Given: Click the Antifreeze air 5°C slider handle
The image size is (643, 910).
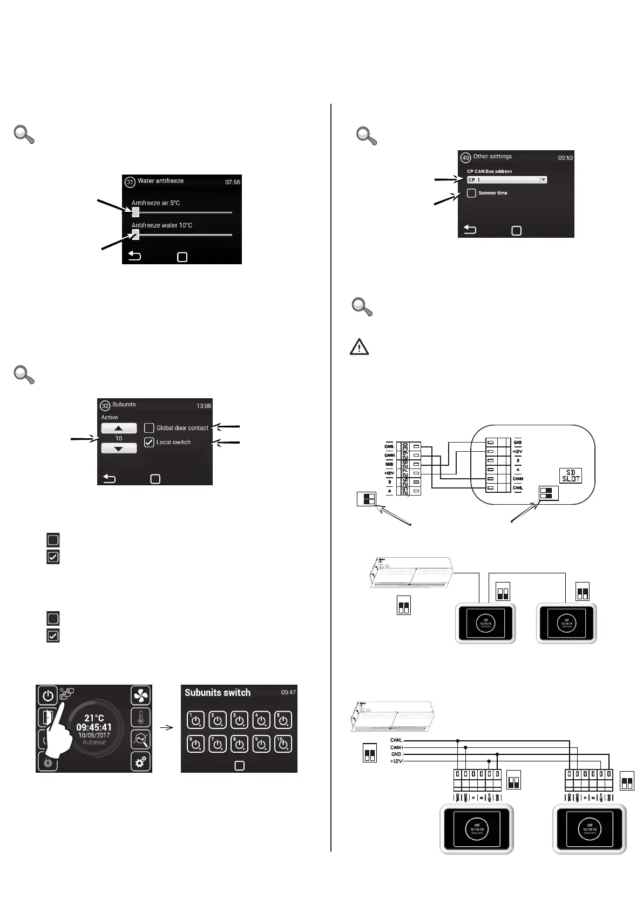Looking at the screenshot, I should coord(136,212).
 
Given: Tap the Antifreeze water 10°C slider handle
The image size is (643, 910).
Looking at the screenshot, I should coord(136,235).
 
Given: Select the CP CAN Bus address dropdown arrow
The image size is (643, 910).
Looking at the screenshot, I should coord(543,180).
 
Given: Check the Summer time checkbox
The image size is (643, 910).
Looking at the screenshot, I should coord(471,193).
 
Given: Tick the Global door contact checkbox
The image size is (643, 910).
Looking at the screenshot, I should coord(149,428).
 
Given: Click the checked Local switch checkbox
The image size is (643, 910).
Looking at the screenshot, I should coord(149,442).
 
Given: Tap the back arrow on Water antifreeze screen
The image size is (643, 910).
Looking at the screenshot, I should coord(134,256).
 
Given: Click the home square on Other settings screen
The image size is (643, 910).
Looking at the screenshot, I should coord(516,231).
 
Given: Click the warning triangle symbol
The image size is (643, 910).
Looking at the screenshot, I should coord(359,347).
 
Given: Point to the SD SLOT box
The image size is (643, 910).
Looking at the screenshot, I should coord(570,476).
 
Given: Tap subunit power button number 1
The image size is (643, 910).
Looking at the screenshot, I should coord(195,720).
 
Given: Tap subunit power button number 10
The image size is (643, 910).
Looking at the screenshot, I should coord(283,744).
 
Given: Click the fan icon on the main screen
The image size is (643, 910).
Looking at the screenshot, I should coord(140,695).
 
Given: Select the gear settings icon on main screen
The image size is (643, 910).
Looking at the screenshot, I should coord(140,762).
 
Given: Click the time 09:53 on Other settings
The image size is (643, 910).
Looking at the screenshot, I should coord(565,158).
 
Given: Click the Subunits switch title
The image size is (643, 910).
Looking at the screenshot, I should coord(217,693).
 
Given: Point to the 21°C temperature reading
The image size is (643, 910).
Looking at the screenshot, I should coord(94,718).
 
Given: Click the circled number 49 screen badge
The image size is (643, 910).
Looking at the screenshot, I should coord(465,158).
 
